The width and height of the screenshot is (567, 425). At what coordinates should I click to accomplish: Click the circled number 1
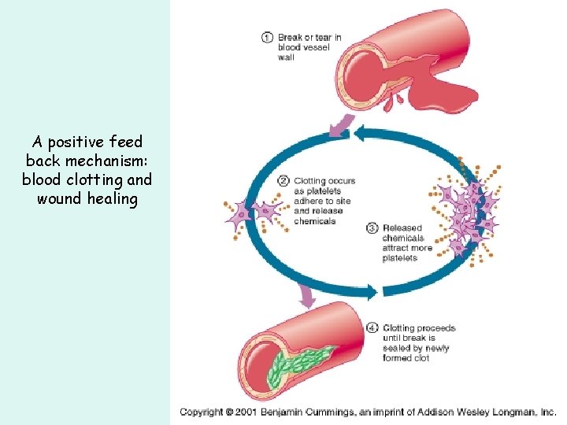[x=268, y=36]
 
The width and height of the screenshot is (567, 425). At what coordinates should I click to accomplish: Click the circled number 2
[x=283, y=181]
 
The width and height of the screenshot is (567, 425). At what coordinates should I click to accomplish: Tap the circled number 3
[x=372, y=228]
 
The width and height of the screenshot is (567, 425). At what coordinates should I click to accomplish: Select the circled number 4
[x=372, y=327]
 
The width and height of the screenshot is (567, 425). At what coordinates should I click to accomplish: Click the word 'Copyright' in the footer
[x=202, y=412]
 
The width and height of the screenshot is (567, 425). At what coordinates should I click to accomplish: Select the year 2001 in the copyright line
[x=248, y=412]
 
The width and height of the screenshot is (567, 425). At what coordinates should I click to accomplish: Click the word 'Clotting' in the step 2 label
[x=309, y=181]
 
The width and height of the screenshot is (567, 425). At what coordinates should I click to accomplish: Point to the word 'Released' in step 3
[x=402, y=228]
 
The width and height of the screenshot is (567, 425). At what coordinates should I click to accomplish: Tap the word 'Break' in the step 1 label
[x=291, y=37]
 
